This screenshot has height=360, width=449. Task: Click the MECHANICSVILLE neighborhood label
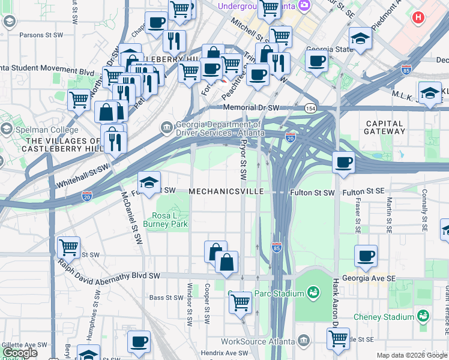[226, 191]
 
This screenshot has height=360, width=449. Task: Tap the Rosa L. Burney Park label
[170, 220]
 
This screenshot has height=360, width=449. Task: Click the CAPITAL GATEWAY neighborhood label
[385, 127]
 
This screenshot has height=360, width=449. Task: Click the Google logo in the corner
[20, 353]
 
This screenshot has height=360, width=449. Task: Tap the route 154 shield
[310, 108]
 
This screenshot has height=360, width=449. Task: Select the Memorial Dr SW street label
[252, 108]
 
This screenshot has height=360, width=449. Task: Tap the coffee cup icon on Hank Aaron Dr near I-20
[343, 163]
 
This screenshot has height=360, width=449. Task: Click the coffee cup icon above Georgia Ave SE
[366, 256]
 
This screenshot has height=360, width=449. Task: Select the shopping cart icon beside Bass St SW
[240, 302]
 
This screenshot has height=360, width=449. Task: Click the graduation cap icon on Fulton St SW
[149, 182]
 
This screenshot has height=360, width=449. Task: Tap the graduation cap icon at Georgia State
[360, 39]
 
